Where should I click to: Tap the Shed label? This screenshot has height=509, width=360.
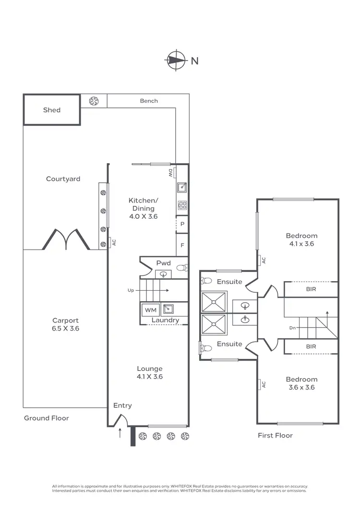[52, 110]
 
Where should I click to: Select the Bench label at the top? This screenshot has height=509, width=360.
[149, 101]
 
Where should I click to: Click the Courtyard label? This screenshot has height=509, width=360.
[63, 179]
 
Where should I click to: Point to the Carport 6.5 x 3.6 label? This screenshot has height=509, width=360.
[65, 325]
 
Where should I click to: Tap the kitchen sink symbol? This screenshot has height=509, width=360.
[182, 188]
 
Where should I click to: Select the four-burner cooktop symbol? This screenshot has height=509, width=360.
[182, 205]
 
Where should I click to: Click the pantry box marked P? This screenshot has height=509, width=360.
[182, 224]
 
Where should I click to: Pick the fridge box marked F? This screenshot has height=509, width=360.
[182, 245]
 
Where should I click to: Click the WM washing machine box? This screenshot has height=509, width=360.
[150, 310]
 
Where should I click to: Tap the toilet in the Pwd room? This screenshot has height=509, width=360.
[181, 268]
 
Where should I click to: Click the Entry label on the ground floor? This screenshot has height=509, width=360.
[122, 405]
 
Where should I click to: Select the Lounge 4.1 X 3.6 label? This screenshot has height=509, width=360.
[150, 373]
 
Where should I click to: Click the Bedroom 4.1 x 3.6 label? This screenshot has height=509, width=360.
[301, 239]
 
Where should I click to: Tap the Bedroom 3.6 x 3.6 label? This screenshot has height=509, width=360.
[301, 383]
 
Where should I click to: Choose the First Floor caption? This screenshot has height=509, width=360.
[275, 436]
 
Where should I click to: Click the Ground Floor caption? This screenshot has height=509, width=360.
[47, 418]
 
